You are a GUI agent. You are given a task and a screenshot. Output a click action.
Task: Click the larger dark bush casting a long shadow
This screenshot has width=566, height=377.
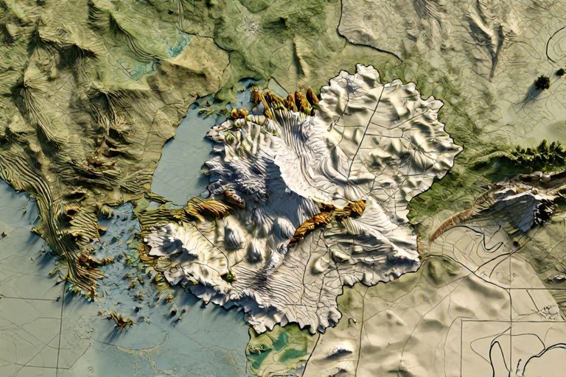542,82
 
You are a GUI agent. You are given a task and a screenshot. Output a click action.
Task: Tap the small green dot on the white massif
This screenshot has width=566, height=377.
229,277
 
